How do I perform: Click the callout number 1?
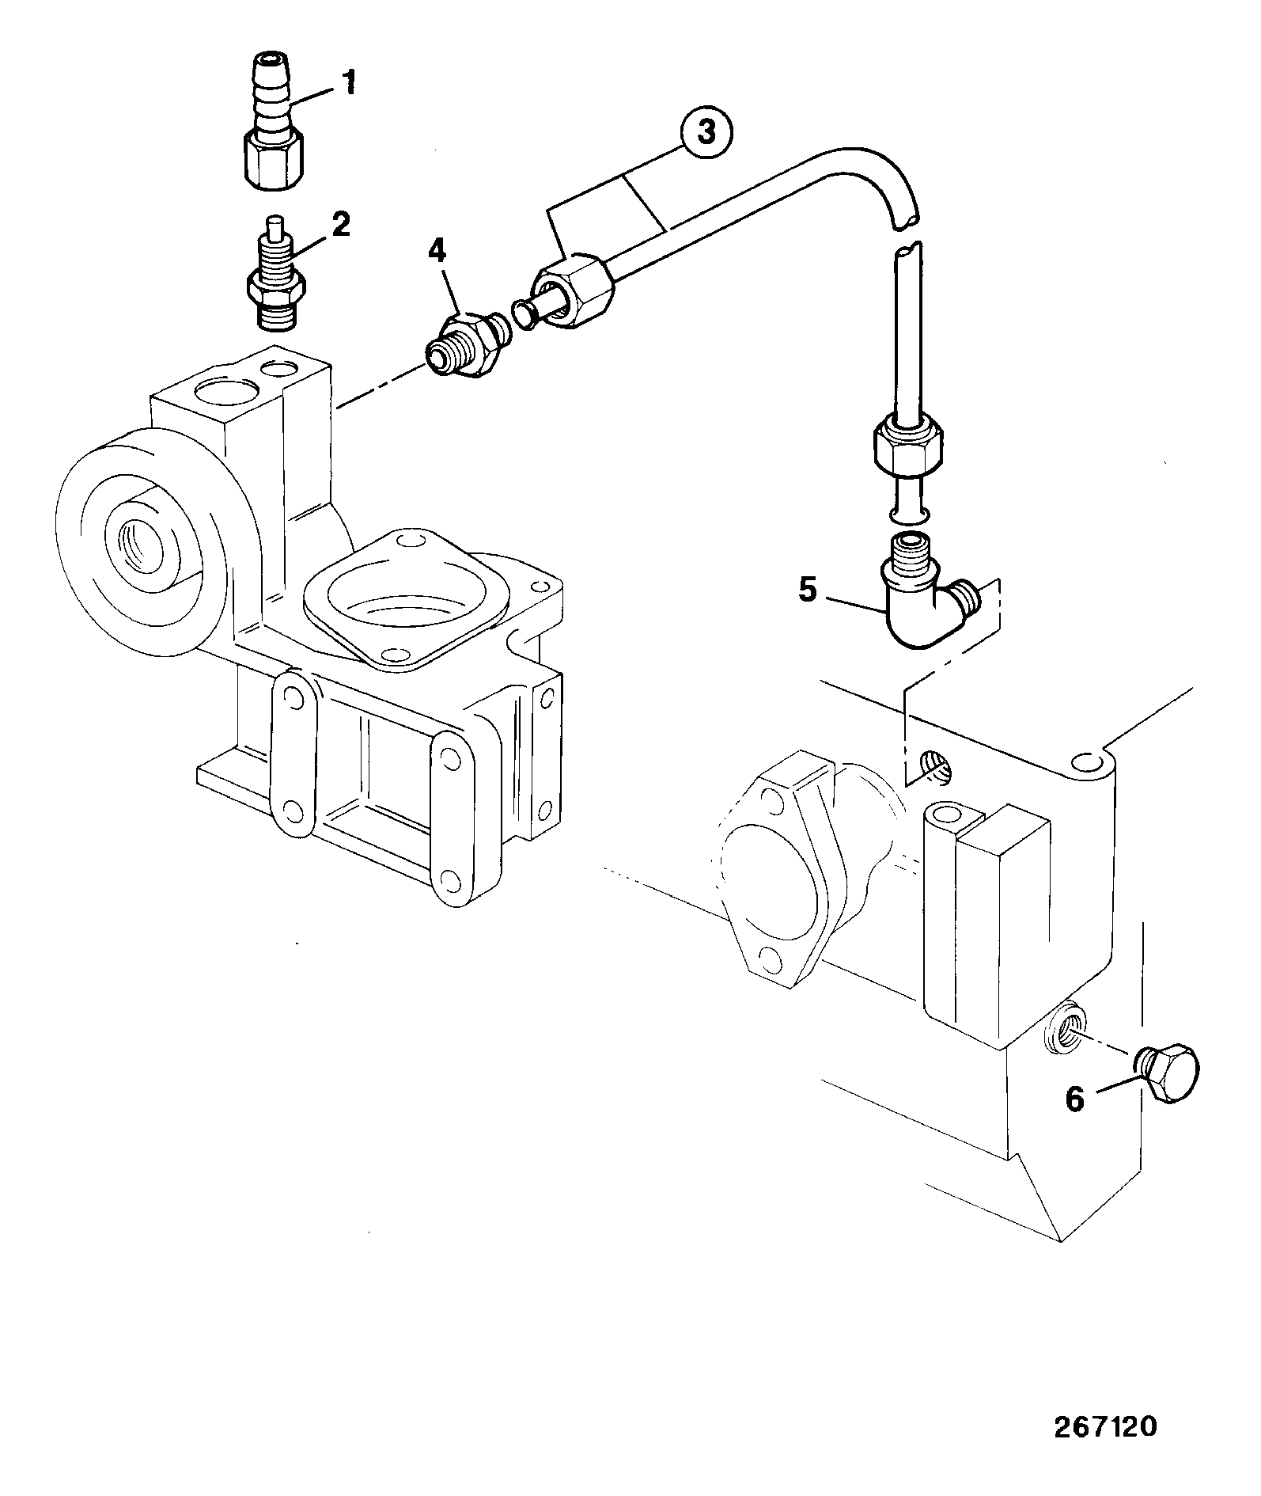(x=349, y=82)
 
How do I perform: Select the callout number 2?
(x=341, y=225)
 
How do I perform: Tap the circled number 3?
(x=706, y=133)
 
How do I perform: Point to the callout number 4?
(x=437, y=252)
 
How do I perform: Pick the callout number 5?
(x=807, y=590)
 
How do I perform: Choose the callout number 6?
(x=1074, y=1099)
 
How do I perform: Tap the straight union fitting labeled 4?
(x=467, y=345)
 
